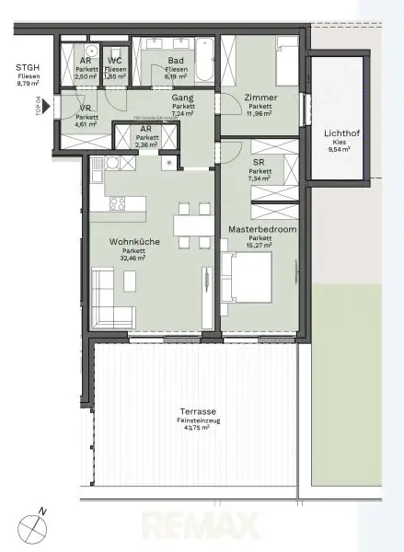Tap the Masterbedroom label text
[x=260, y=230]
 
